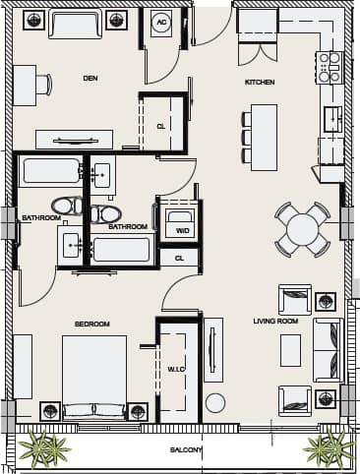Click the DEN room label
pos(90,78)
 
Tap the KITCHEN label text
pos(260,82)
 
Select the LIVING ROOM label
pos(274,321)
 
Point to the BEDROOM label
pos(91,324)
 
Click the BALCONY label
pos(186,450)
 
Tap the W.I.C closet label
pos(176,370)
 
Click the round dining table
pos(302,229)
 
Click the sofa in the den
pos(75,24)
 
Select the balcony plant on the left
pos(43,448)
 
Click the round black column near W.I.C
pos(214,402)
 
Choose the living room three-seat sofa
pos(328,350)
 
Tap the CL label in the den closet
pos(160,126)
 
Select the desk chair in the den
pos(43,85)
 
